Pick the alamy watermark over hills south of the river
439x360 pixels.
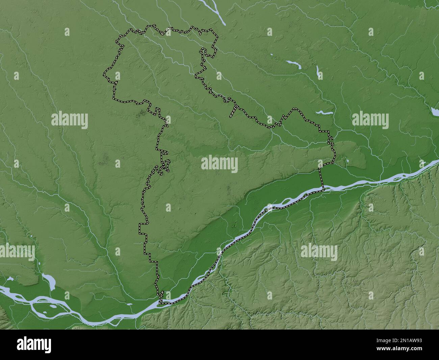[319, 252]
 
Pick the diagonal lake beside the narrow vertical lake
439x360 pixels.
[293, 64]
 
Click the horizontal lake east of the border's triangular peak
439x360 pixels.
[325, 112]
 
